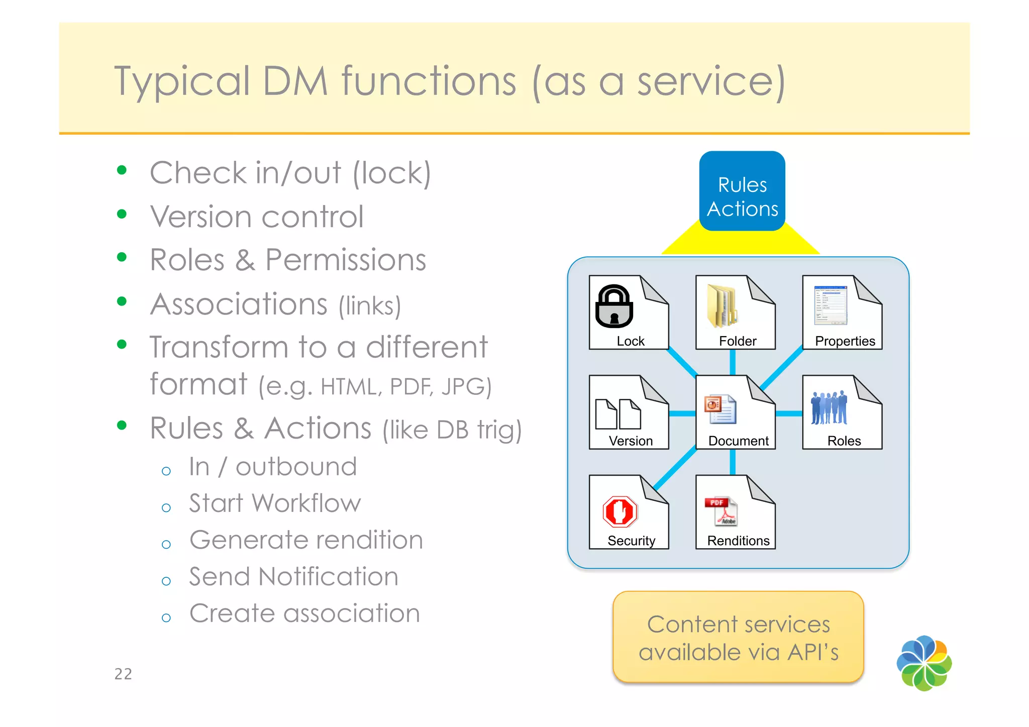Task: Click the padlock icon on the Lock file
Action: [x=614, y=306]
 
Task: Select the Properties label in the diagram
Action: [x=845, y=341]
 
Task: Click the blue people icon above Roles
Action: [x=829, y=407]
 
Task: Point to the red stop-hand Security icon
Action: [x=620, y=511]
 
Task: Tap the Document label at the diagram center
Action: [x=738, y=441]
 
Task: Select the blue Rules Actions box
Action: [x=742, y=191]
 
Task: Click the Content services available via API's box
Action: [x=738, y=637]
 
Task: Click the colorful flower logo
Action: [x=924, y=663]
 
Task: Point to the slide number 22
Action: [x=123, y=674]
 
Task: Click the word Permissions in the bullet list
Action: [x=346, y=260]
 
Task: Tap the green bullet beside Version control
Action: [x=122, y=214]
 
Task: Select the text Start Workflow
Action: [x=275, y=503]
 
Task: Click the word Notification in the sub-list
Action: [x=329, y=576]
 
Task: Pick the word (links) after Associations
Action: [x=370, y=306]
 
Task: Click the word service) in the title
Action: [x=711, y=81]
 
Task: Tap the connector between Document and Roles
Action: [x=789, y=413]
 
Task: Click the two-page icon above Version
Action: [x=618, y=413]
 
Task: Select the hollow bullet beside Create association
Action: [x=166, y=617]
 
